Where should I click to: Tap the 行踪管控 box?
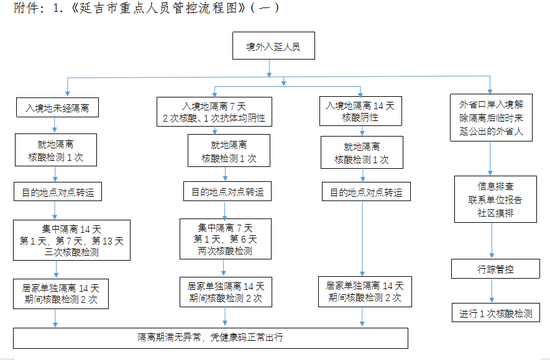pyautogui.click(x=494, y=270)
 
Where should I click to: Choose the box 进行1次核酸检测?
pyautogui.click(x=494, y=312)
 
